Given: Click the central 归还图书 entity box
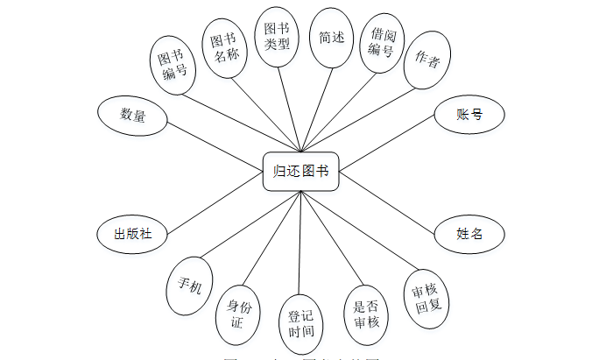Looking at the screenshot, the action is coord(301,171).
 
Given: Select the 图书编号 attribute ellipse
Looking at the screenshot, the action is coord(174,66).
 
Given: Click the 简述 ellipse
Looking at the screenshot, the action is coord(332,39).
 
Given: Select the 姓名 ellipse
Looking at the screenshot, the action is coord(469,234).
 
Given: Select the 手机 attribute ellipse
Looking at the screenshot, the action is coord(189,285).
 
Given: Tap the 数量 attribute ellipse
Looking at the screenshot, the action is coord(133,115).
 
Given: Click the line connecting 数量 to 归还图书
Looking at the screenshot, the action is coord(215,142).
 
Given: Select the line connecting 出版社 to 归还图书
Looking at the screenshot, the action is coord(215,202).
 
